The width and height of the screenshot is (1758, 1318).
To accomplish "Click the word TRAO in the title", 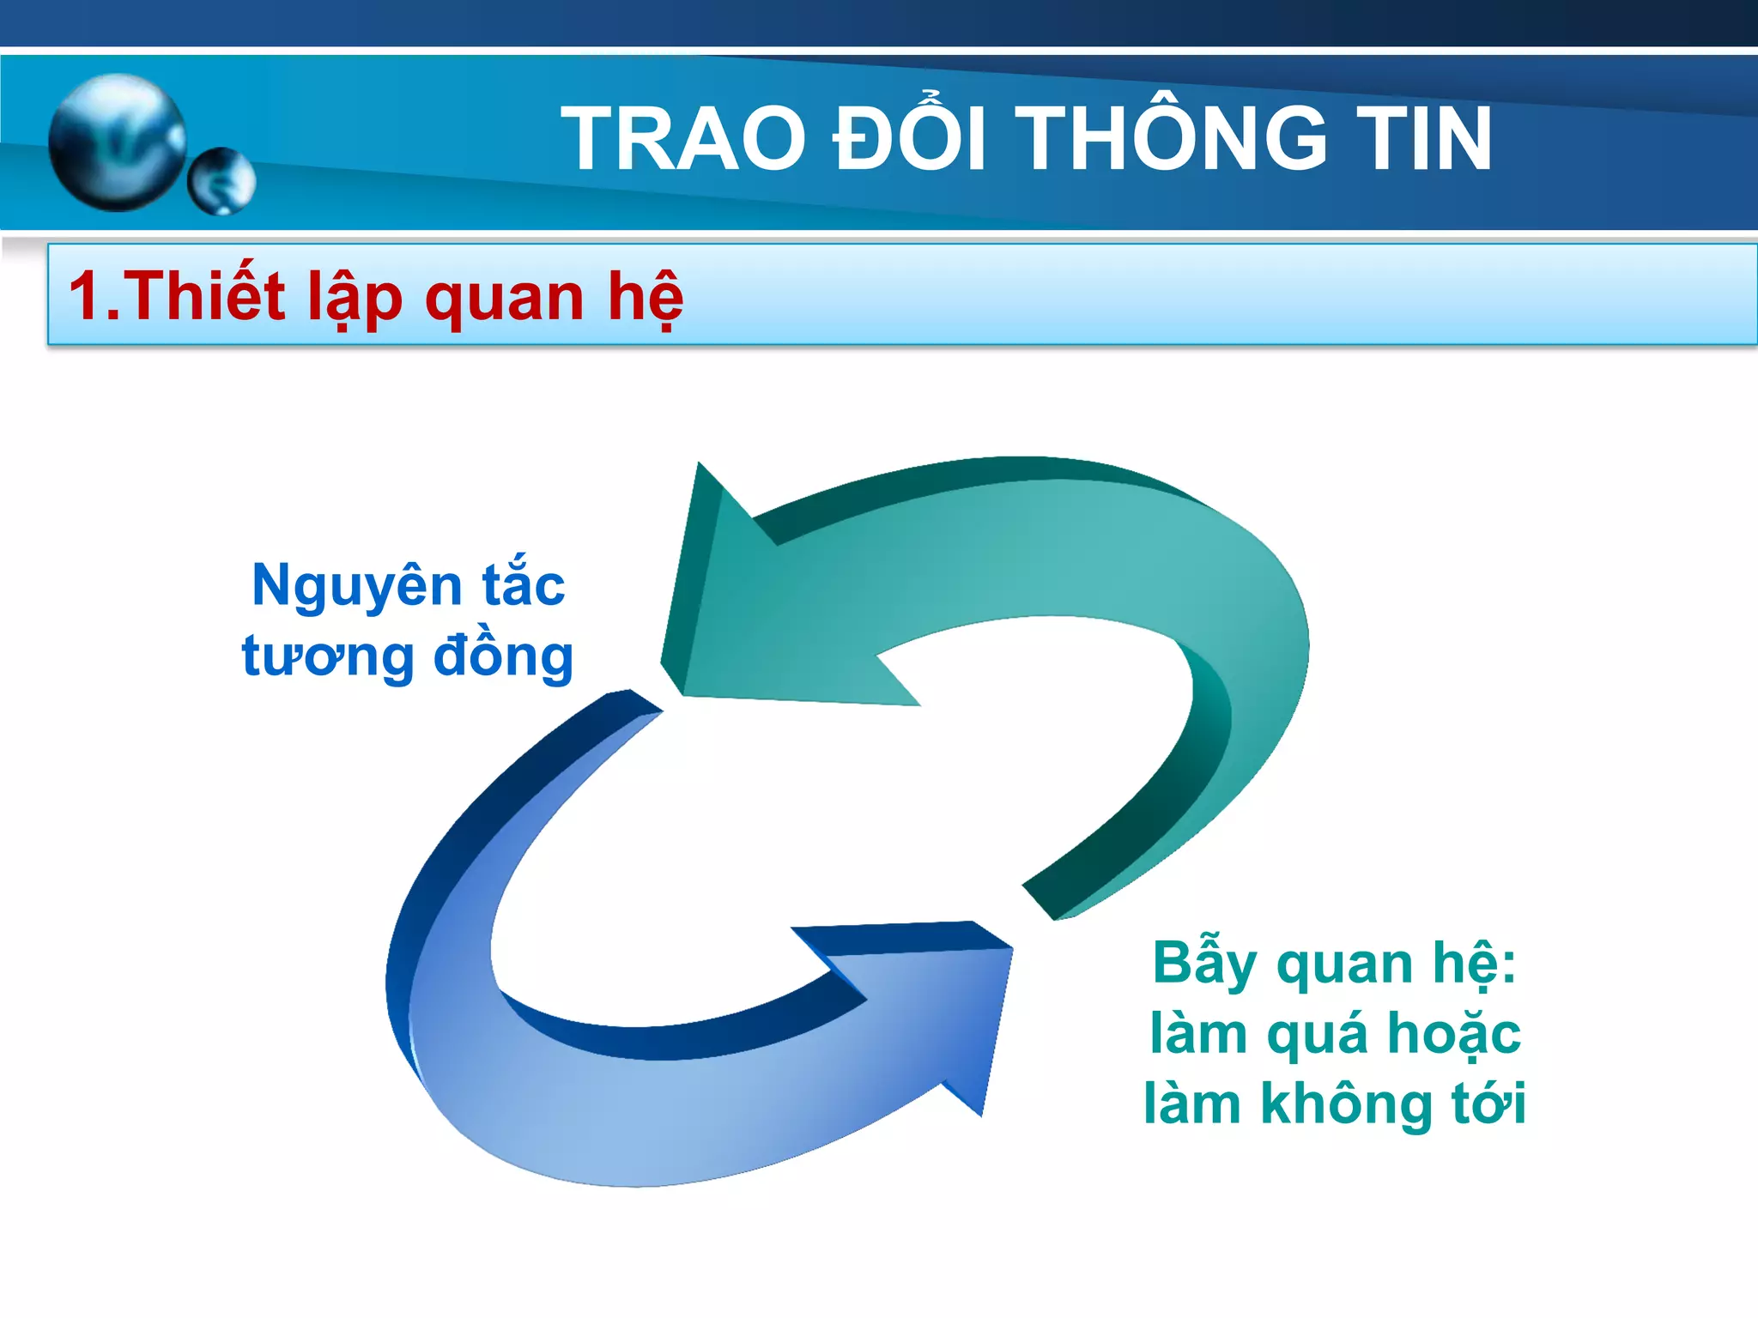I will [683, 139].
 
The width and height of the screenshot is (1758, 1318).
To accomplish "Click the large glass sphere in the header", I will [117, 142].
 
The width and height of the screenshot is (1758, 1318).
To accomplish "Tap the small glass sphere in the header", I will [221, 181].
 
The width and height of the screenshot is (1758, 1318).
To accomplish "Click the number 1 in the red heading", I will [86, 296].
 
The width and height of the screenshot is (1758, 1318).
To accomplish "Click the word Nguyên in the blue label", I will [356, 587].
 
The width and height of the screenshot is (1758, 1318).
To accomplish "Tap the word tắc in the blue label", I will [523, 585].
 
